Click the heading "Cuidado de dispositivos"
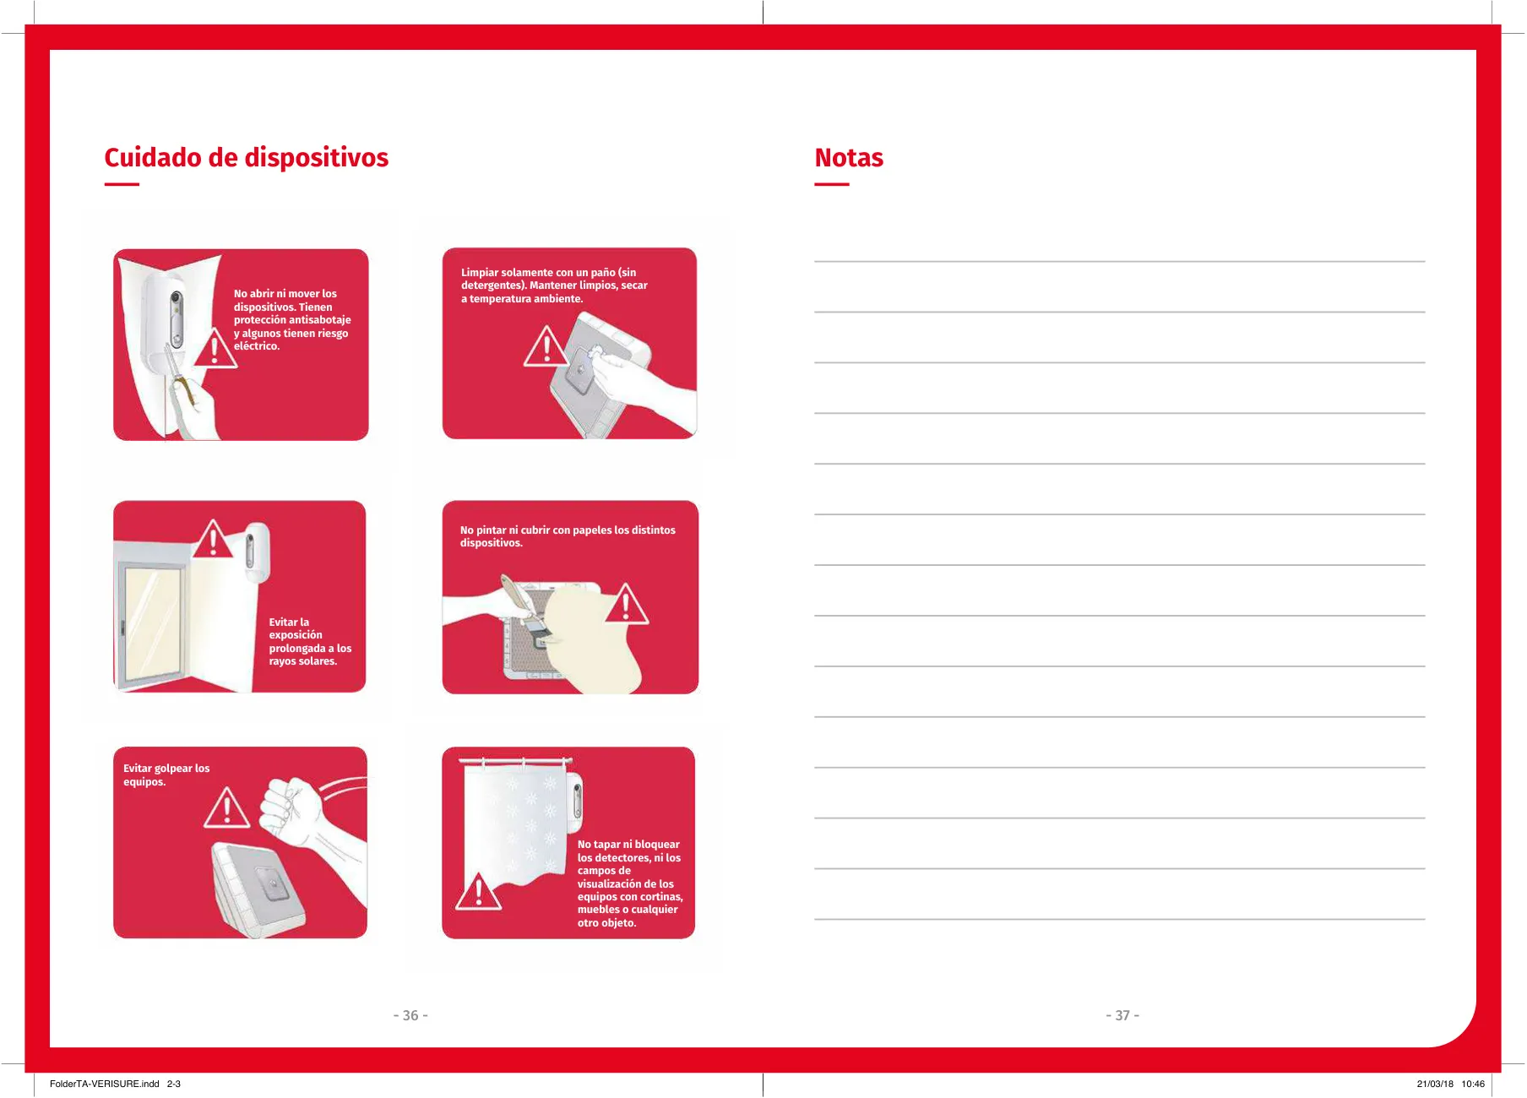pyautogui.click(x=246, y=158)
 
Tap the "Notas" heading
pyautogui.click(x=849, y=158)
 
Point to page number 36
pyautogui.click(x=410, y=1015)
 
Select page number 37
pyautogui.click(x=1122, y=1015)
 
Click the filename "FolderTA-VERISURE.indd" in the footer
pyautogui.click(x=105, y=1084)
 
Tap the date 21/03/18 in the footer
pyautogui.click(x=1435, y=1084)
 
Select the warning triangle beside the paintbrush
pyautogui.click(x=626, y=604)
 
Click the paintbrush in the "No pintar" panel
pyautogui.click(x=525, y=606)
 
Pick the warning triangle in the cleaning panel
pyautogui.click(x=546, y=346)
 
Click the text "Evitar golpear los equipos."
pyautogui.click(x=166, y=775)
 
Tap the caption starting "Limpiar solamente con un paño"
pyautogui.click(x=554, y=285)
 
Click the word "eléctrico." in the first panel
pyautogui.click(x=257, y=346)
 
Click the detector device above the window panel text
pyautogui.click(x=257, y=552)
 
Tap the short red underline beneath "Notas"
pyautogui.click(x=832, y=184)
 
